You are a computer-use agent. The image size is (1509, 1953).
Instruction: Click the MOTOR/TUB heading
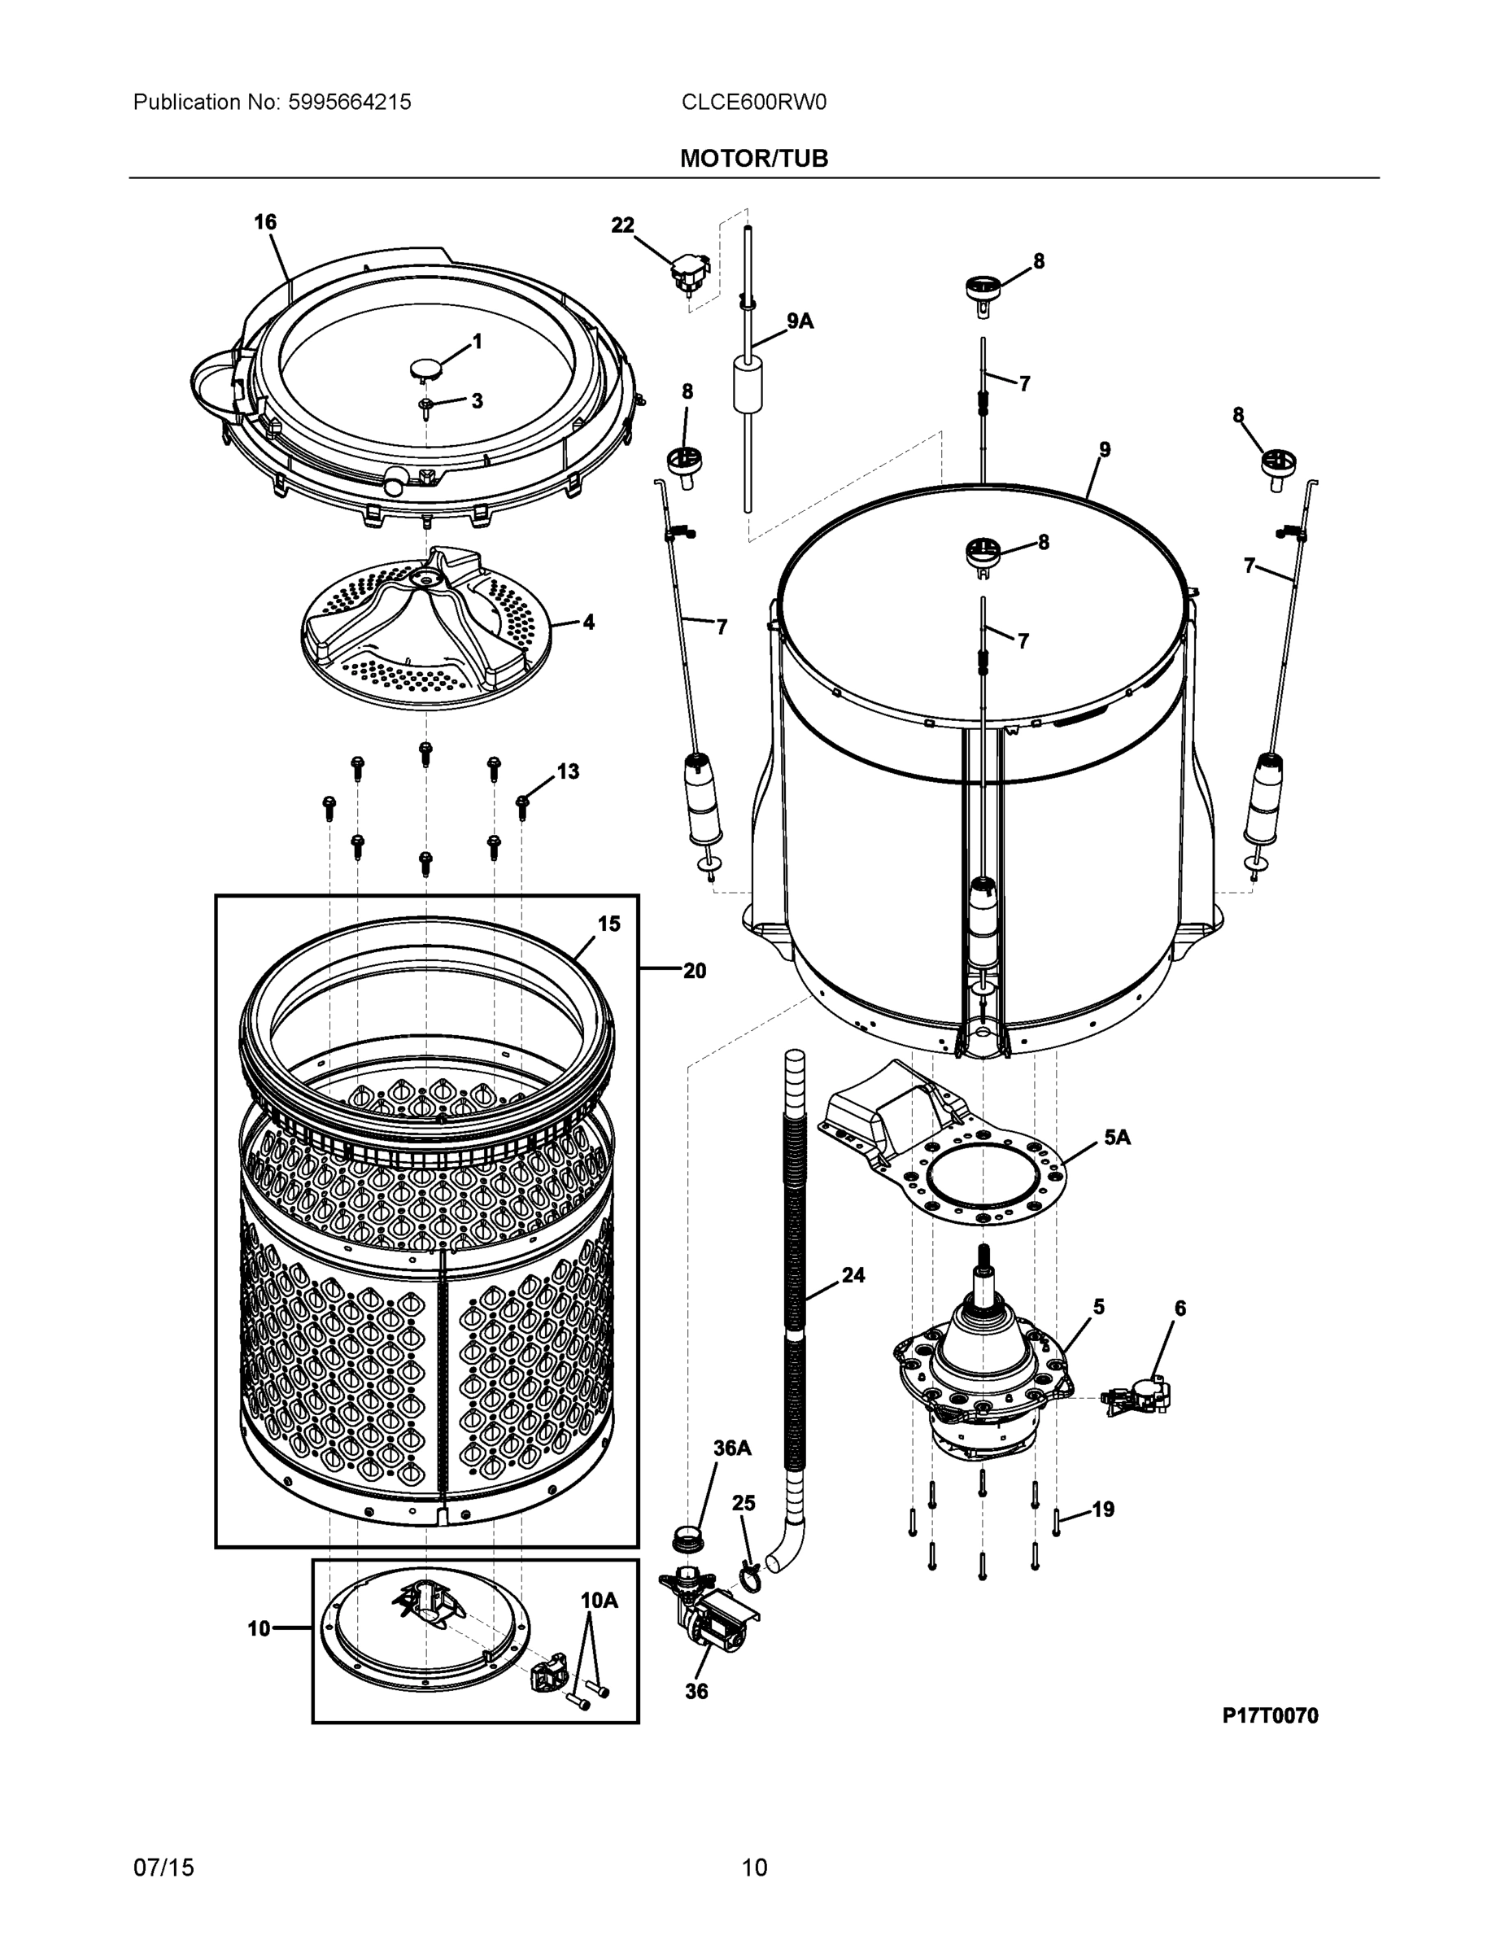[x=753, y=159]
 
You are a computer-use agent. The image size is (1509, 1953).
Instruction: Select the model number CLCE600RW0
[x=753, y=102]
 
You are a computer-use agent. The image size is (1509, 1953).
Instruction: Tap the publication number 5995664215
[x=349, y=102]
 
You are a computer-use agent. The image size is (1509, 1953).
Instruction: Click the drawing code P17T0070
[x=1269, y=1715]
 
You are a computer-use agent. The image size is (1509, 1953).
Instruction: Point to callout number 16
[x=265, y=222]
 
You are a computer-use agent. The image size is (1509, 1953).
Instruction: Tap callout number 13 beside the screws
[x=568, y=771]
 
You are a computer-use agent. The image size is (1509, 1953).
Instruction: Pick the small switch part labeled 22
[x=690, y=271]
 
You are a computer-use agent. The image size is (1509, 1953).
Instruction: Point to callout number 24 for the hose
[x=853, y=1275]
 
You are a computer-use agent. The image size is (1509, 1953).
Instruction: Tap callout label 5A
[x=1117, y=1138]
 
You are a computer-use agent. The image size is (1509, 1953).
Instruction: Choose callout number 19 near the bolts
[x=1103, y=1510]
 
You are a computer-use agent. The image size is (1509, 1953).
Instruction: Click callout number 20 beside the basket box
[x=695, y=970]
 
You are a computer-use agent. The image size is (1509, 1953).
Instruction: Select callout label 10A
[x=599, y=1601]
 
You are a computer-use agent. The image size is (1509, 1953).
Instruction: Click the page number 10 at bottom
[x=753, y=1868]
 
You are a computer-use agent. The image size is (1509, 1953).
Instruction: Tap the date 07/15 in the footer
[x=164, y=1868]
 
